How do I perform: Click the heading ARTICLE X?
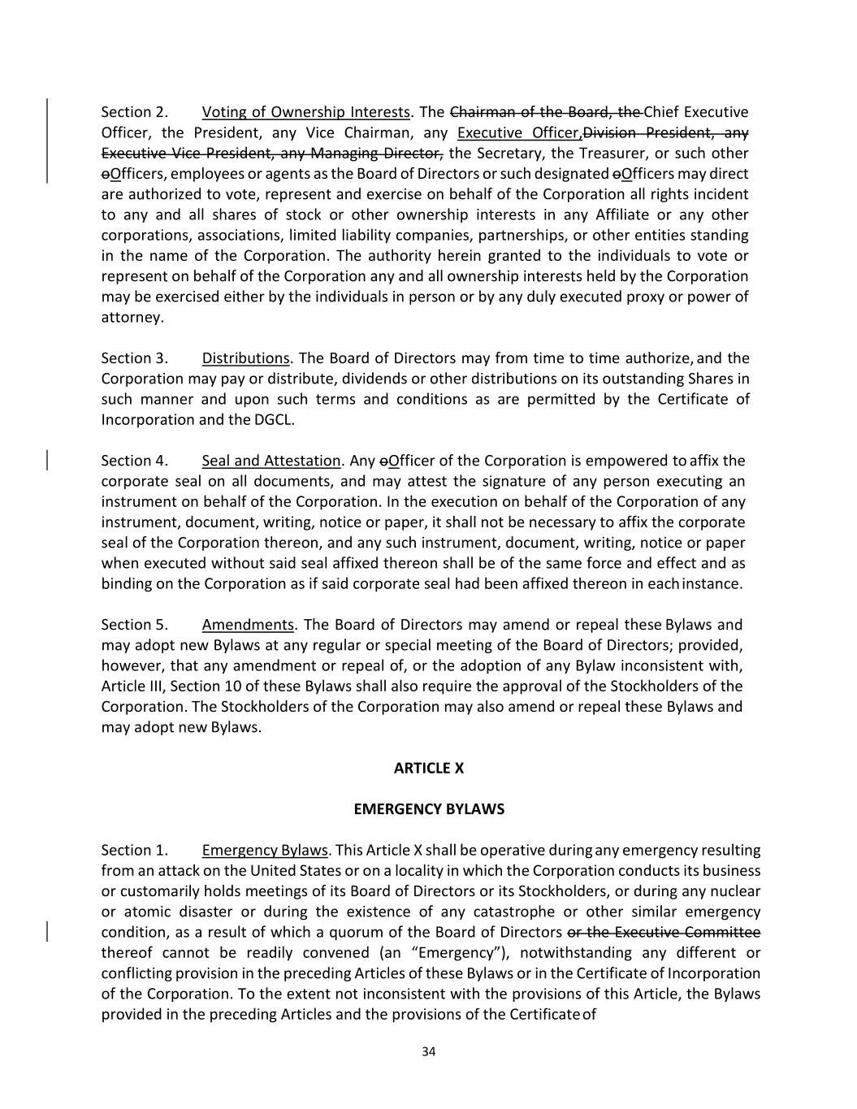coord(428,768)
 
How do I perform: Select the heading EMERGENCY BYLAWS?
coord(428,809)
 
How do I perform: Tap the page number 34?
coord(429,1052)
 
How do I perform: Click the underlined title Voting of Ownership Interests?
coord(305,112)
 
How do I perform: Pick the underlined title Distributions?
coord(245,358)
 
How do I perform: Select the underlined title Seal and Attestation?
coord(271,461)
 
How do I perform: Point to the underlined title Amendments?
coord(248,625)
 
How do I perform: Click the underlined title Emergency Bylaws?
coord(265,851)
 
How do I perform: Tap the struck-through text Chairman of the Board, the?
coord(546,112)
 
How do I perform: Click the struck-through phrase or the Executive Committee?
coord(663,932)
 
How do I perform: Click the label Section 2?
coord(134,112)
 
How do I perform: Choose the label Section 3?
coord(134,358)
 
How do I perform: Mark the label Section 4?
coord(134,461)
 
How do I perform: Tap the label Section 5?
coord(134,625)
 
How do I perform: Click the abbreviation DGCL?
coord(274,420)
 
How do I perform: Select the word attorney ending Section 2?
coord(132,318)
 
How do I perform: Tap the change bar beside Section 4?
coord(47,461)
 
